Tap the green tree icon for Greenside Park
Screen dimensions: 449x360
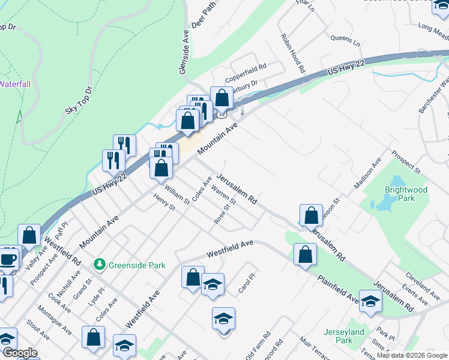(100, 263)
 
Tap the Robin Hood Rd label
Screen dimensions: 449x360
(293, 53)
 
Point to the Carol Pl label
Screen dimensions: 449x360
(244, 285)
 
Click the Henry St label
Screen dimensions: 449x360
(163, 202)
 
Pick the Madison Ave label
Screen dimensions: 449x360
(367, 173)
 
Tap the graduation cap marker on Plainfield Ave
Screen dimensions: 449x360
(370, 301)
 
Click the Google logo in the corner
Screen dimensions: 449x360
(20, 353)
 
